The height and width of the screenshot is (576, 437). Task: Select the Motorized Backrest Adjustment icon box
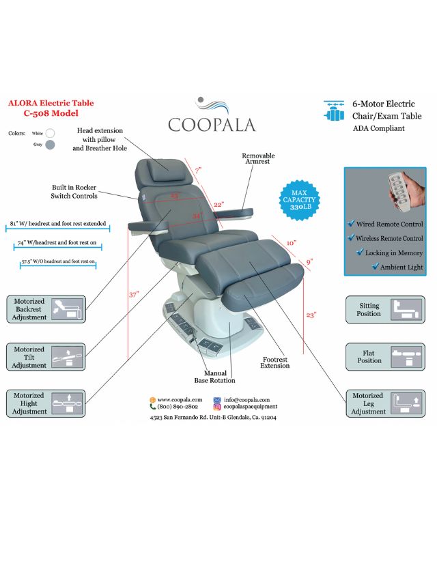(x=46, y=309)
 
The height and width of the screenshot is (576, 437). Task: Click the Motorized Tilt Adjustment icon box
(x=46, y=357)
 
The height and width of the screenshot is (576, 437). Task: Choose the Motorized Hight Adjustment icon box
(x=46, y=403)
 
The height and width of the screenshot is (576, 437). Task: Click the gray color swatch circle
(x=50, y=144)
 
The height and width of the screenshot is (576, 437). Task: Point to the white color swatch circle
(x=50, y=133)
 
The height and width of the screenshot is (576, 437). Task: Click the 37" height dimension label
(x=135, y=295)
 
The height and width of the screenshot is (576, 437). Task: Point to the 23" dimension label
(x=311, y=315)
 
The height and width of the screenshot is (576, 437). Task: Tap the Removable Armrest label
(x=258, y=159)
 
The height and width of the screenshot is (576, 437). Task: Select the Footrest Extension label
(x=274, y=362)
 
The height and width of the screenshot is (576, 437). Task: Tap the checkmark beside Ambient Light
(x=375, y=267)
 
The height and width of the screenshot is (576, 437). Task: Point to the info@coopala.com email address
(x=246, y=400)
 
